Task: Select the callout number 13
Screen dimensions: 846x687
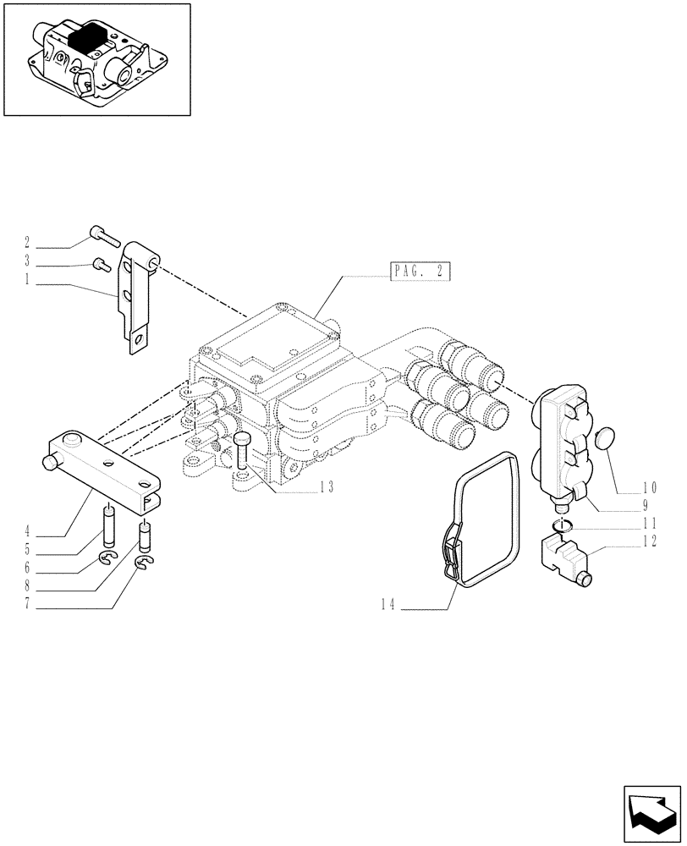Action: (x=327, y=486)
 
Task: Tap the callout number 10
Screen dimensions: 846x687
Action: (x=649, y=486)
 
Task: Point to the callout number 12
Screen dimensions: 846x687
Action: (x=650, y=542)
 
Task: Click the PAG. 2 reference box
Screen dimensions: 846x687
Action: (x=421, y=272)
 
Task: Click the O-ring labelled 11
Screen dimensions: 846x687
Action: (x=559, y=528)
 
